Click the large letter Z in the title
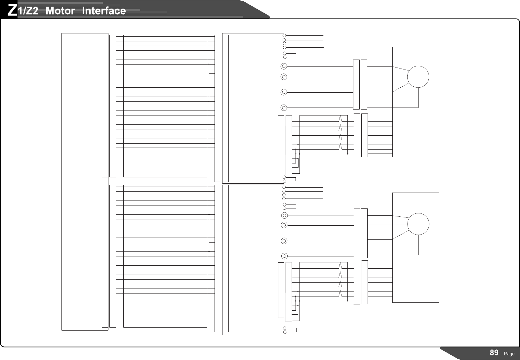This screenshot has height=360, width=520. click(x=12, y=11)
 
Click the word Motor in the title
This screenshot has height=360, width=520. click(x=60, y=11)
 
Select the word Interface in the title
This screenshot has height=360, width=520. click(x=104, y=11)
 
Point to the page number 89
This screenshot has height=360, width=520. click(x=494, y=353)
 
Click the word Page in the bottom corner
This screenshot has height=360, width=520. click(x=509, y=354)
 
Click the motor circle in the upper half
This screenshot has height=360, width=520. click(x=418, y=77)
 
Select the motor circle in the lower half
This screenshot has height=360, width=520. click(x=418, y=224)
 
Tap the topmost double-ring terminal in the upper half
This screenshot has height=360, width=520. click(x=283, y=66)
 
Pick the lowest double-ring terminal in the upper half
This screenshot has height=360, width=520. click(x=283, y=108)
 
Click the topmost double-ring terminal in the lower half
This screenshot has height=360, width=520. click(x=284, y=215)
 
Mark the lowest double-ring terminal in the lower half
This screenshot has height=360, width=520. click(x=284, y=256)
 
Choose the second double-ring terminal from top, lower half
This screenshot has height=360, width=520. click(x=284, y=225)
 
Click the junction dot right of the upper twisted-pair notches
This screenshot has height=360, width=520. click(x=348, y=154)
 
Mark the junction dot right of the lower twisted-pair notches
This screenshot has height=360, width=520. click(x=348, y=301)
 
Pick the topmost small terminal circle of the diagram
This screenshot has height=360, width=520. click(x=284, y=35)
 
